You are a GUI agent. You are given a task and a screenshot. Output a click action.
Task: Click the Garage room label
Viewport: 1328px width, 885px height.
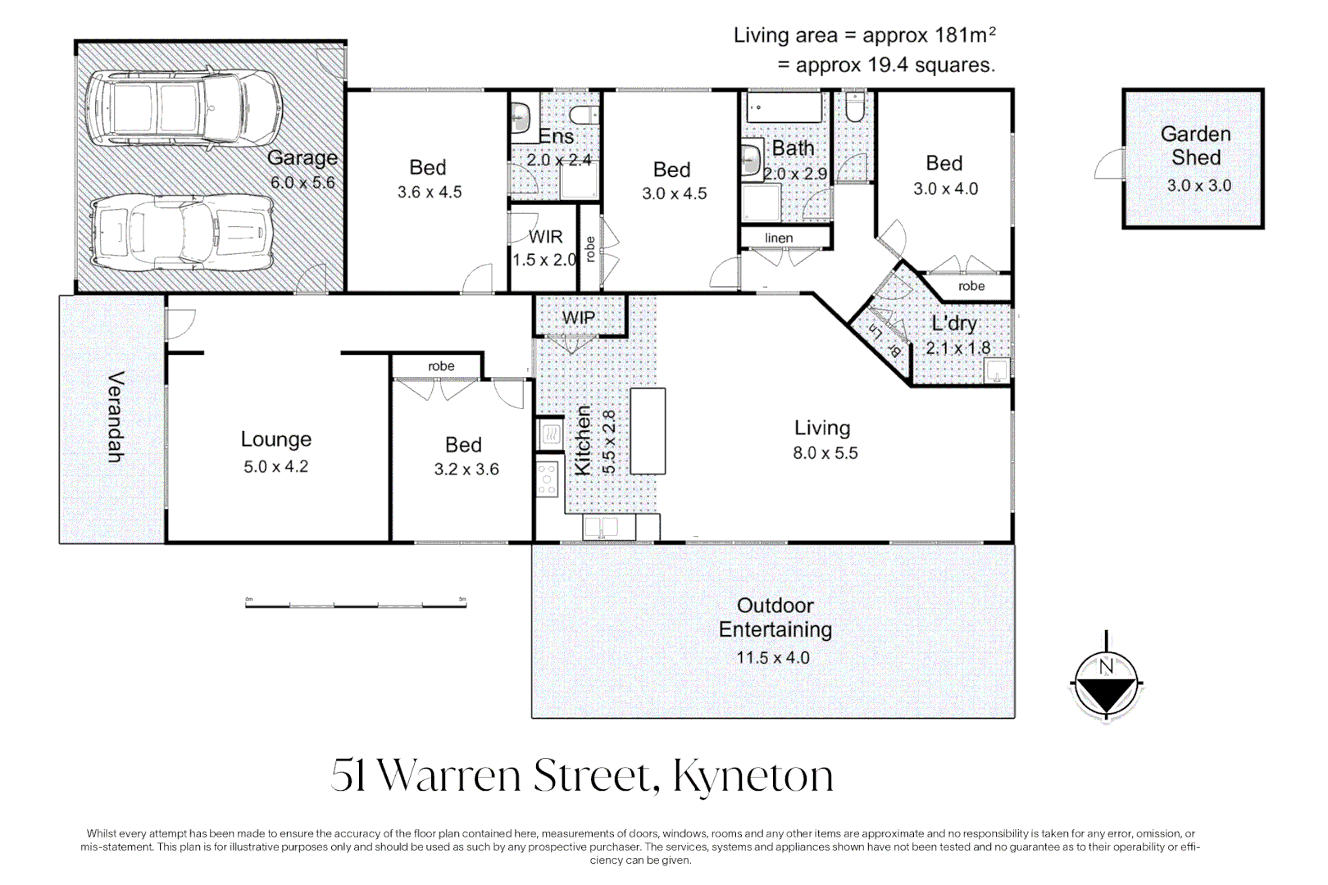[x=302, y=157]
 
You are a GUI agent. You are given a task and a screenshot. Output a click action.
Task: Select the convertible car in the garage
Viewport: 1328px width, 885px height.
[x=181, y=234]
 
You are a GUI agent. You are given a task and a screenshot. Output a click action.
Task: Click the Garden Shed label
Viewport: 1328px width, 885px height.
[x=1195, y=146]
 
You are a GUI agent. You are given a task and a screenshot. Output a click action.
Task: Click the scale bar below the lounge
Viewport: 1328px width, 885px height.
[x=356, y=605]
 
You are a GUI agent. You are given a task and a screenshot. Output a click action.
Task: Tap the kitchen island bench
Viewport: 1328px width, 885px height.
[x=648, y=431]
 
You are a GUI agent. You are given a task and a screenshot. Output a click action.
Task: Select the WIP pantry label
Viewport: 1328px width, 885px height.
[x=579, y=318]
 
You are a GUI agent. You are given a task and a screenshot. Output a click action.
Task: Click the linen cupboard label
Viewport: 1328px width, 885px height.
[x=779, y=238]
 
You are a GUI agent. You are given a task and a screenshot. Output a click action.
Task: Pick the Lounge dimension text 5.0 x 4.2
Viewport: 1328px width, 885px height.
[x=275, y=467]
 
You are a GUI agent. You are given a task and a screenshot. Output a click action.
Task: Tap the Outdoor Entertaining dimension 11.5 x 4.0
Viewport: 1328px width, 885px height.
[x=772, y=658]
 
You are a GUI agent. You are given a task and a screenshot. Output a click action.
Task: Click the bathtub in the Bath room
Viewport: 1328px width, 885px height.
[x=785, y=107]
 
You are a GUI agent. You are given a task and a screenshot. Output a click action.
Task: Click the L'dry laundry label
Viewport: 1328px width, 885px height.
[x=954, y=324]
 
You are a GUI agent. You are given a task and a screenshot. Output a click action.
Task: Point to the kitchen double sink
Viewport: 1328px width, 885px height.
[x=601, y=527]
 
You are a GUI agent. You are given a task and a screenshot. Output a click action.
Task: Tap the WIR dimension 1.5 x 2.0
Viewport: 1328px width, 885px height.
[x=544, y=260]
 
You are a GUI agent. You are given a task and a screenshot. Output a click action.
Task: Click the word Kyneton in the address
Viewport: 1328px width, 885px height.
[x=753, y=775]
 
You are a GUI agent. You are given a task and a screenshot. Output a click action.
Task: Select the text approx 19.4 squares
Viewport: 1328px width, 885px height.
[x=895, y=66]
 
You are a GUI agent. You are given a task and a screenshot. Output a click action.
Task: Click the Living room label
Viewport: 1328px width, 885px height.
[x=822, y=428]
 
